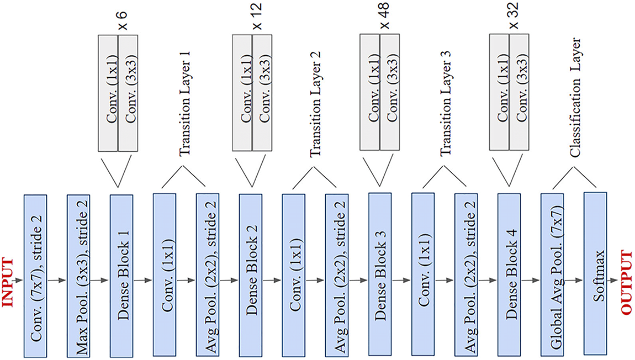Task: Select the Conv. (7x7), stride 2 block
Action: (36, 275)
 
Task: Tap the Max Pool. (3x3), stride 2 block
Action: (79, 275)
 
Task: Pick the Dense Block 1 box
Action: (122, 275)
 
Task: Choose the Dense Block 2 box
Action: (251, 275)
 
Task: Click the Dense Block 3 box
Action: (380, 274)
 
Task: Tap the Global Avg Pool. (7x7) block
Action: (553, 274)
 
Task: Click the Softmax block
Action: (595, 274)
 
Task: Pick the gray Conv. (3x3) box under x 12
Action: (262, 92)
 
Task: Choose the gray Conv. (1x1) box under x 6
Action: (108, 92)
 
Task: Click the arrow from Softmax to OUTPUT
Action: (613, 281)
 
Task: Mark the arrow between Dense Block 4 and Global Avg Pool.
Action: (531, 281)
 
